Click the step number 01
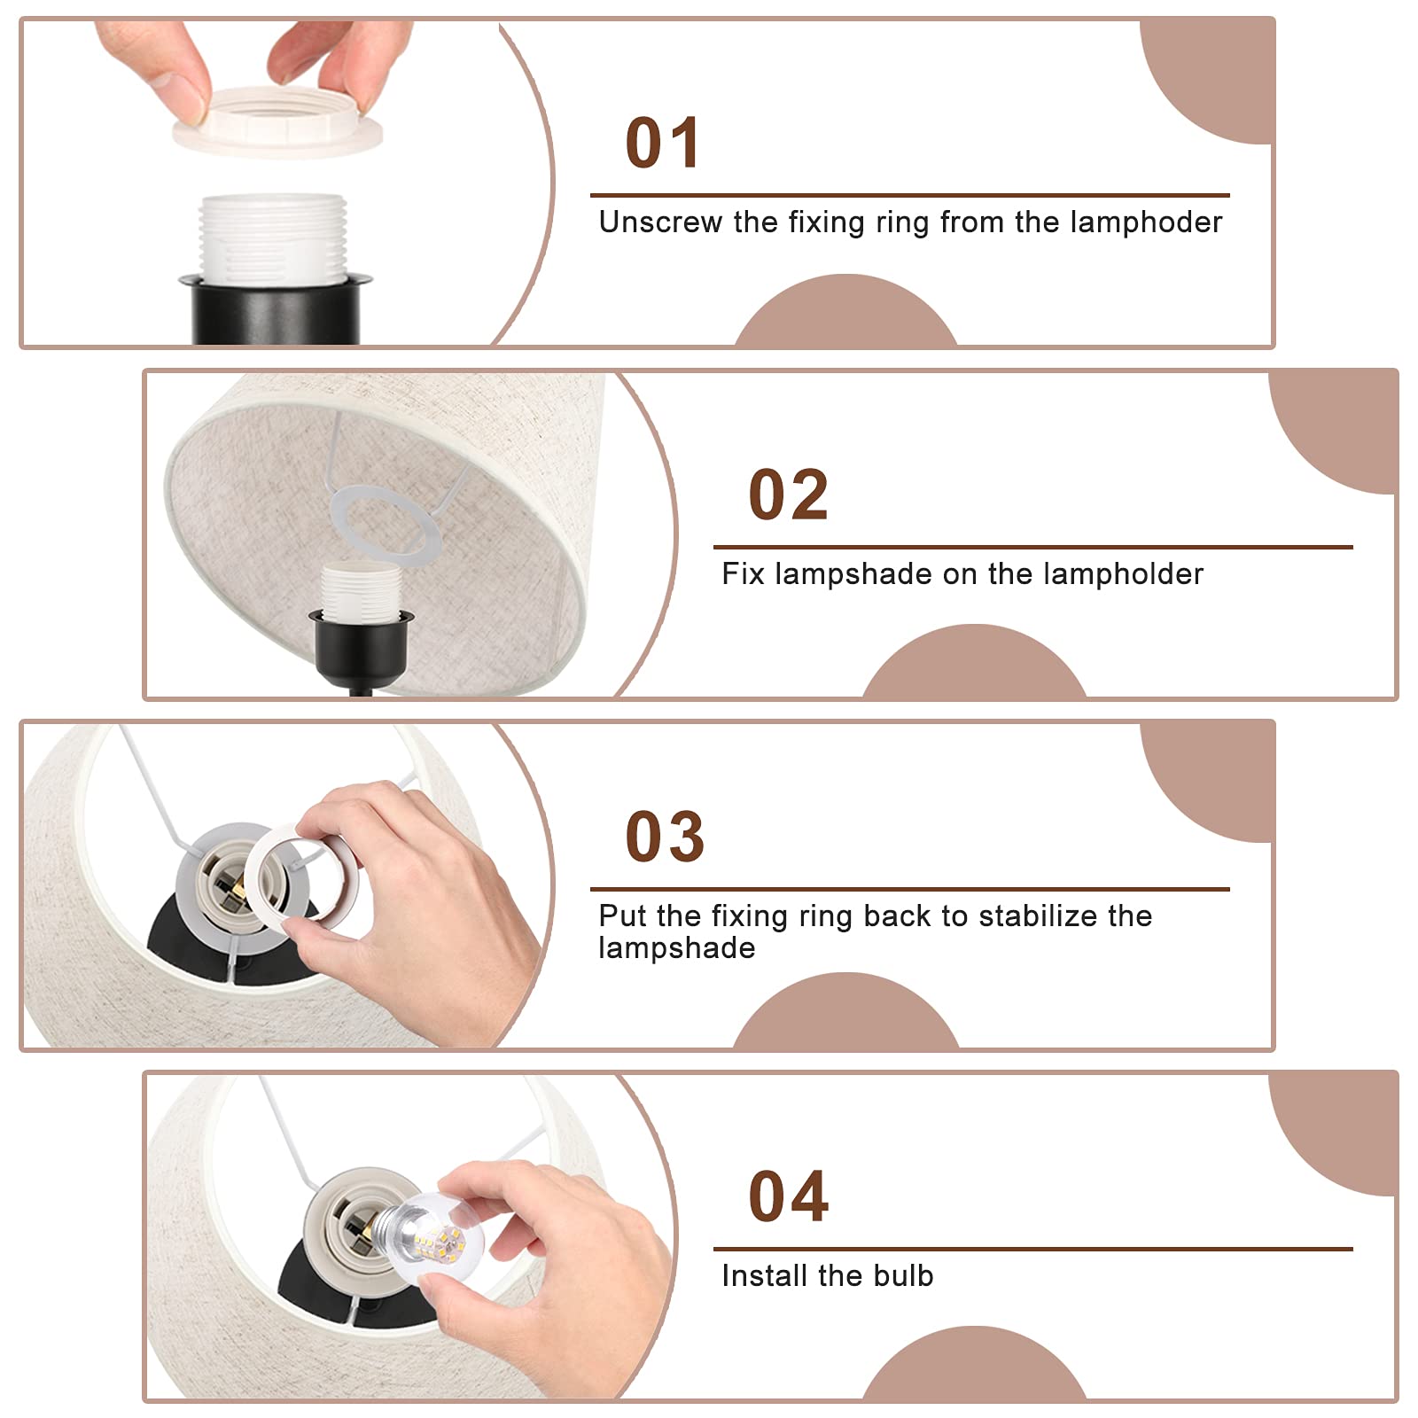pyautogui.click(x=663, y=143)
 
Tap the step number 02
pyautogui.click(x=788, y=495)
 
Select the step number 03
pyautogui.click(x=665, y=837)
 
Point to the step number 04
pyautogui.click(x=788, y=1196)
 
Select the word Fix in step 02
pyautogui.click(x=743, y=573)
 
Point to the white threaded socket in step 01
pyautogui.click(x=273, y=237)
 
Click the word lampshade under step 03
pyautogui.click(x=677, y=948)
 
